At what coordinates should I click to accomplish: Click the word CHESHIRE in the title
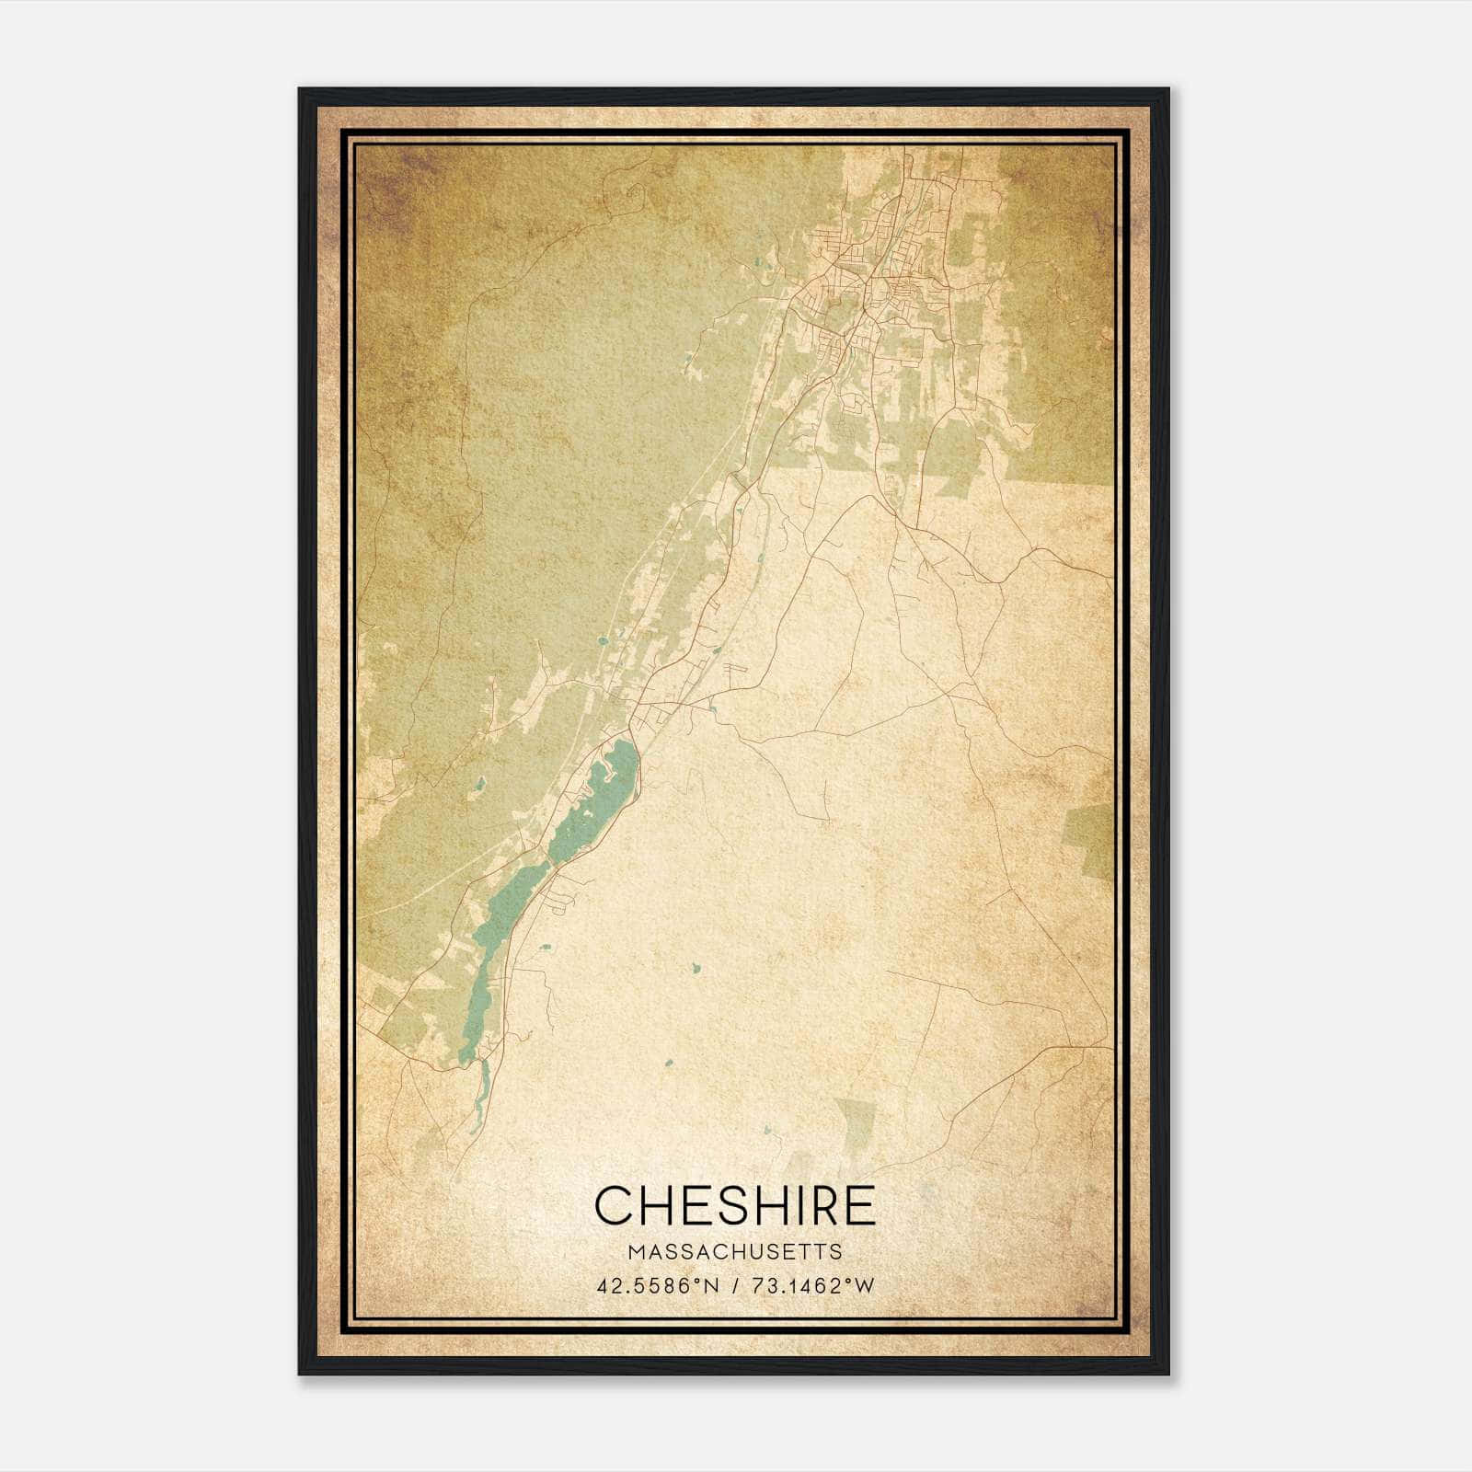pos(734,1205)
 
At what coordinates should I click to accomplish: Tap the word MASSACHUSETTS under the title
pos(734,1252)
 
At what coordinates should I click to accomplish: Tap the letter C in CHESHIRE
pos(613,1205)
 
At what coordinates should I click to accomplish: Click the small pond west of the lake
pos(479,784)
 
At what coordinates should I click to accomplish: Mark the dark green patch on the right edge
pos(1090,837)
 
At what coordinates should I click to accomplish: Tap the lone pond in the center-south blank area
pos(696,969)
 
